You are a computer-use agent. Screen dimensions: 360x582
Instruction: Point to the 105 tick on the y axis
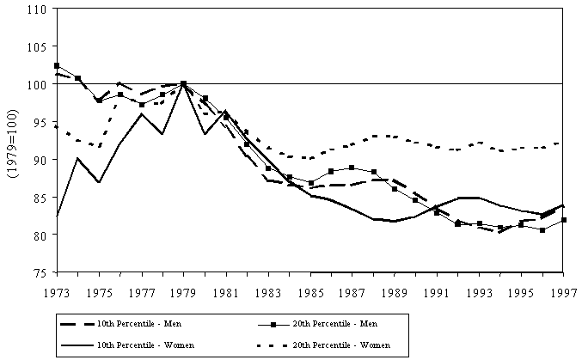(36, 47)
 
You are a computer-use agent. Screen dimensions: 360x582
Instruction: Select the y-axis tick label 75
(40, 272)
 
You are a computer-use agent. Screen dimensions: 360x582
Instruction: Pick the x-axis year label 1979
(184, 290)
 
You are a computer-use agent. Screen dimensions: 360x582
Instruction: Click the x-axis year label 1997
(563, 290)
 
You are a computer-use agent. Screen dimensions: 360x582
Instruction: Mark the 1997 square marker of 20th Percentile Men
(563, 220)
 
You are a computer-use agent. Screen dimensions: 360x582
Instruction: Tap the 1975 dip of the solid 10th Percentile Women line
(99, 182)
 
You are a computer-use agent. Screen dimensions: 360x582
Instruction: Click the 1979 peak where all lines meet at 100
(184, 84)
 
